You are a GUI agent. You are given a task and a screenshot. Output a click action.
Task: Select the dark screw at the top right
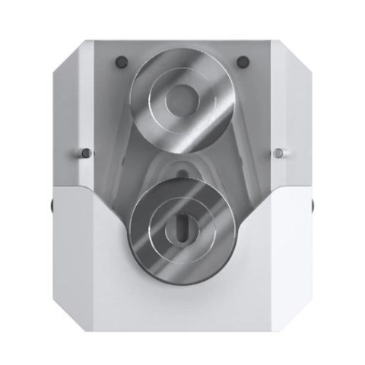pos(242,61)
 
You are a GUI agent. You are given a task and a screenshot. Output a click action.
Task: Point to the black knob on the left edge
pos(51,205)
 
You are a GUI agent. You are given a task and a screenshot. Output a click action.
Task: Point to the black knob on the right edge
pos(313,205)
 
